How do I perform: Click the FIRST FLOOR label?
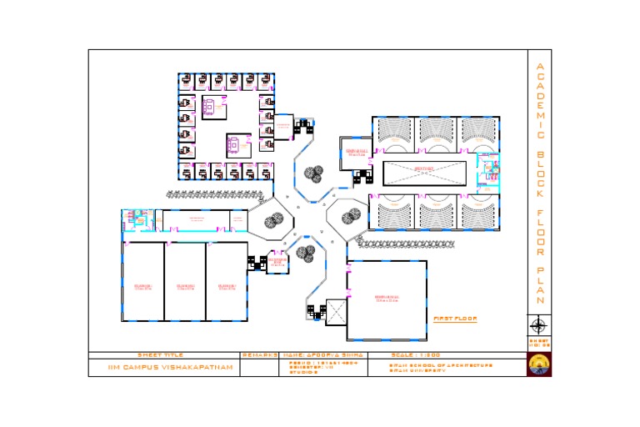pyautogui.click(x=454, y=319)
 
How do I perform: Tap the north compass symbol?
pyautogui.click(x=538, y=325)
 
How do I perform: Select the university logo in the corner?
pyautogui.click(x=538, y=365)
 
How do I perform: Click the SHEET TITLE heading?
pyautogui.click(x=160, y=355)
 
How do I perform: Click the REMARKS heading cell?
pyautogui.click(x=261, y=355)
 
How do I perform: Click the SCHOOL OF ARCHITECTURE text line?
pyautogui.click(x=441, y=364)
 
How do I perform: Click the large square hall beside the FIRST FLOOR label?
pyautogui.click(x=386, y=299)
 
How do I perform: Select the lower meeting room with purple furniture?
pyautogui.click(x=237, y=144)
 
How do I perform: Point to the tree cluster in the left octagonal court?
pyautogui.click(x=272, y=220)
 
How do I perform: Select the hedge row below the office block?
pyautogui.click(x=221, y=193)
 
